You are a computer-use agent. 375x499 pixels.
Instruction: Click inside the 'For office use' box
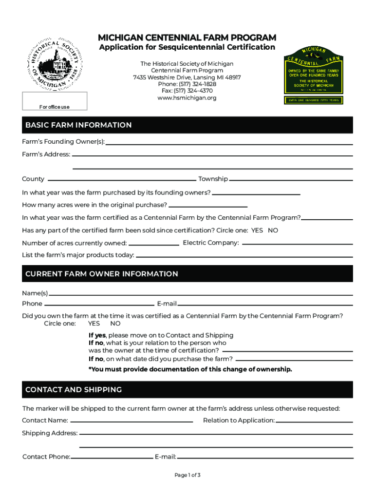click(54, 101)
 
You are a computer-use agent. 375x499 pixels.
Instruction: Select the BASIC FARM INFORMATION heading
click(78, 125)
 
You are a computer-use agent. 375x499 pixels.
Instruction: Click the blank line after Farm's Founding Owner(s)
click(229, 143)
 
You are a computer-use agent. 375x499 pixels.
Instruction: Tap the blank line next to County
click(121, 179)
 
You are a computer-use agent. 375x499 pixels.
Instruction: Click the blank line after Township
click(290, 179)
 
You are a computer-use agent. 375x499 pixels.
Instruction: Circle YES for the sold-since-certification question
click(257, 230)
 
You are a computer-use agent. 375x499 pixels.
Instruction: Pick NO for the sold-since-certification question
click(273, 230)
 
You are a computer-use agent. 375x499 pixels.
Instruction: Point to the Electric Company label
click(210, 243)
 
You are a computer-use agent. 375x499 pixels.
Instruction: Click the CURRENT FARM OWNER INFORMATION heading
click(102, 274)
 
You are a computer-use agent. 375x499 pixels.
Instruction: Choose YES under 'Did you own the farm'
click(94, 324)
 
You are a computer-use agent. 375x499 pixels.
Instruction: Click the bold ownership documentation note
click(190, 369)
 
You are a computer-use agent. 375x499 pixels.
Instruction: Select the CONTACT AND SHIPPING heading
click(74, 390)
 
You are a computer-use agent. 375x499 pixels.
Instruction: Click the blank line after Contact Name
click(131, 421)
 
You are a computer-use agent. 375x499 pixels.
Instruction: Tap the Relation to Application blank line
click(314, 421)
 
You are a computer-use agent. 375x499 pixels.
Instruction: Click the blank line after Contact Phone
click(112, 458)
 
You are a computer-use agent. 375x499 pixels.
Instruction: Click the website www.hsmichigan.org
click(187, 98)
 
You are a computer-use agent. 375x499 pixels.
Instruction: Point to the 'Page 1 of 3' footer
click(187, 475)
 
